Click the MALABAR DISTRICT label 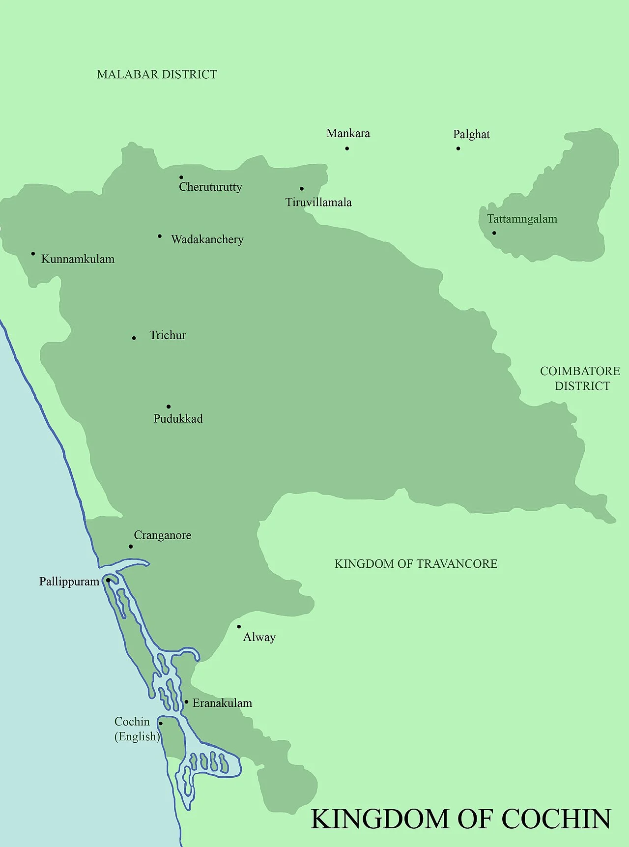point(157,74)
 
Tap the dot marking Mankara point(347,148)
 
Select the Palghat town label point(471,134)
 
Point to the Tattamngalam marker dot point(494,233)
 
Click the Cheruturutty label point(210,187)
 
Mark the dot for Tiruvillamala point(301,188)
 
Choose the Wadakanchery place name point(207,239)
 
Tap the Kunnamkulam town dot point(33,254)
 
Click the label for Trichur point(168,335)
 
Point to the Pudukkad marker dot point(168,407)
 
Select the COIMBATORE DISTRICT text point(580,379)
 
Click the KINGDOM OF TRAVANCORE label point(416,564)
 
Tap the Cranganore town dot point(131,546)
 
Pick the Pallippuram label point(69,582)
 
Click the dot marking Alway point(239,626)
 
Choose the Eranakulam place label point(222,703)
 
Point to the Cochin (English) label point(136,729)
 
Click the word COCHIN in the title point(556,819)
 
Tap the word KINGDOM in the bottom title point(380,819)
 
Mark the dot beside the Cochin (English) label point(161,723)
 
